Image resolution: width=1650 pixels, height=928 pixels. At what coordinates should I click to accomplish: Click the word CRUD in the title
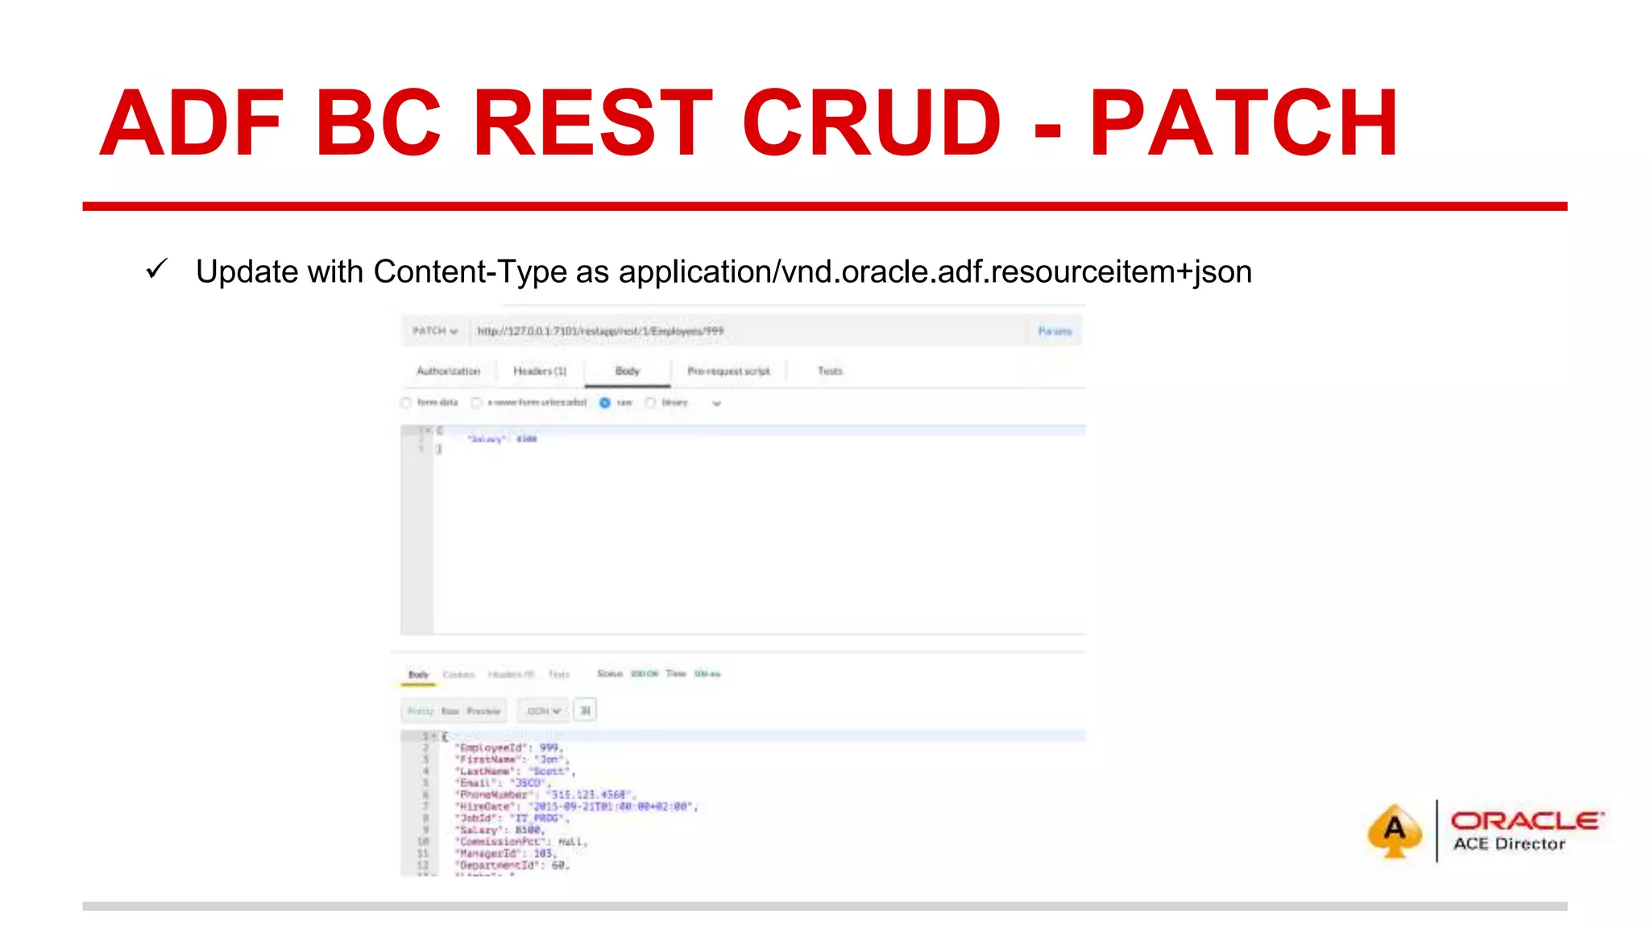[871, 123]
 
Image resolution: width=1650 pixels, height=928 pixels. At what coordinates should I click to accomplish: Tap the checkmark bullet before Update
[156, 269]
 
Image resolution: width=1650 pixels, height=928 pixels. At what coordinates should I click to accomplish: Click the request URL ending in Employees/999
[600, 331]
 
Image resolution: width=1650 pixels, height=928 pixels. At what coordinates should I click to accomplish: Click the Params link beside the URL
[1055, 331]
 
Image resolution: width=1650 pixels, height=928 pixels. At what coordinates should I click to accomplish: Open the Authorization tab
[448, 371]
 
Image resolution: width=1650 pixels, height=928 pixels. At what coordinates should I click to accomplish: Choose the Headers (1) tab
[540, 371]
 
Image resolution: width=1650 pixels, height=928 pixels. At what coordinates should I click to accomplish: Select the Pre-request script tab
[728, 371]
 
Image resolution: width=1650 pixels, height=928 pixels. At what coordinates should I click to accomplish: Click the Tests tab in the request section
[830, 371]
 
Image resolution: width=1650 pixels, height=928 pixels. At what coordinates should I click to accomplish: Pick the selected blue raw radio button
[605, 403]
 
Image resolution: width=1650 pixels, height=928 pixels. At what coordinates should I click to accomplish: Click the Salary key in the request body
[487, 439]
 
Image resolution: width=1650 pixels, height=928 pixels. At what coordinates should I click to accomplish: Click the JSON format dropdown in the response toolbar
[543, 710]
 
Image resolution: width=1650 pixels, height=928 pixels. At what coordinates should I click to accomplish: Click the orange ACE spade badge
[1395, 831]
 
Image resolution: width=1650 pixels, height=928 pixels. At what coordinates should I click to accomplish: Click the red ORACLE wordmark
[1526, 821]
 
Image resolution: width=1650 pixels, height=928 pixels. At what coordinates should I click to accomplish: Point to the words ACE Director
[1509, 844]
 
